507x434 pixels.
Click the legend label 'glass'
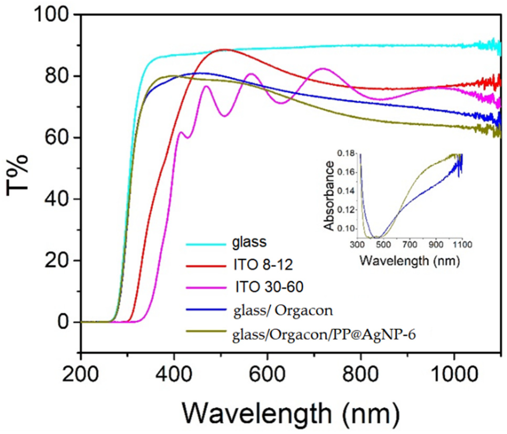click(x=249, y=242)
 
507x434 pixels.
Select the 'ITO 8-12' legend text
click(x=263, y=265)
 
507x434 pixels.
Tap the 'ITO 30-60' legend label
click(x=269, y=287)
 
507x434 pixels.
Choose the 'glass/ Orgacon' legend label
click(x=283, y=311)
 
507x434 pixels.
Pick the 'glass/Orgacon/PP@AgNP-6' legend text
click(x=324, y=335)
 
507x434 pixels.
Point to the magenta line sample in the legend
click(x=206, y=288)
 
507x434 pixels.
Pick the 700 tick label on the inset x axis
click(x=410, y=245)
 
